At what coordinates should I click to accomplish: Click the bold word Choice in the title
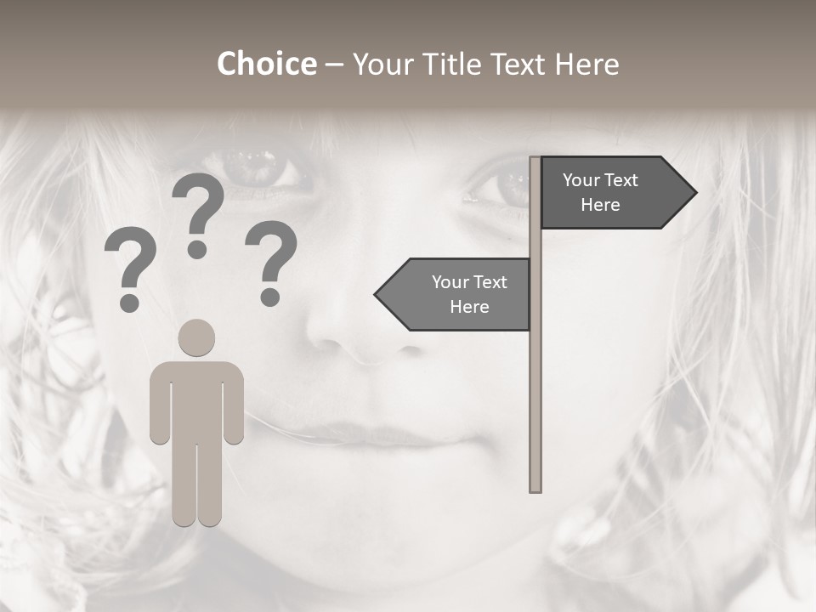pos(266,65)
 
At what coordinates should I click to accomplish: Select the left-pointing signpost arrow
pos(455,295)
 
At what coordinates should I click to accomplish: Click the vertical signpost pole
pos(535,382)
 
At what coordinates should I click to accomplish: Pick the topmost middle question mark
pos(198,204)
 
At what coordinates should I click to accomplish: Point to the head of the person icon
pos(196,337)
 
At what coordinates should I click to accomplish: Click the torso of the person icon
pos(196,399)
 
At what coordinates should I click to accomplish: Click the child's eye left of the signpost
pos(255,166)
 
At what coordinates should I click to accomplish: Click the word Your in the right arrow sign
pos(581,180)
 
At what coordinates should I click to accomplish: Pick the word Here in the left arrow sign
pos(469,307)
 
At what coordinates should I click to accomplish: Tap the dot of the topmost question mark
pos(198,250)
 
